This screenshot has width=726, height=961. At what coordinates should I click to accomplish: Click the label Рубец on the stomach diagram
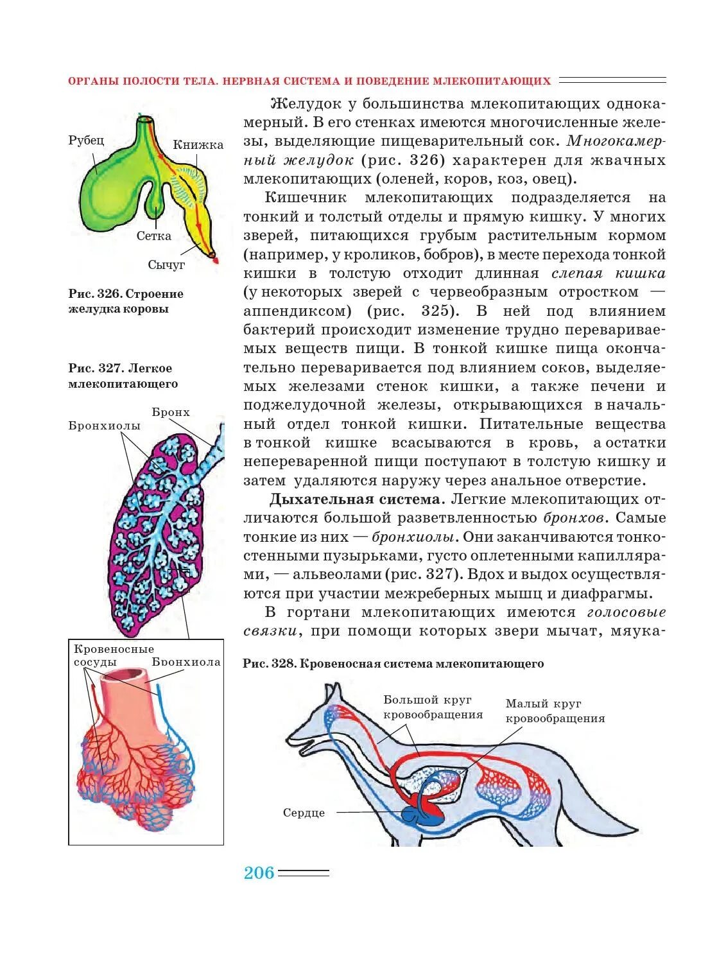[x=86, y=141]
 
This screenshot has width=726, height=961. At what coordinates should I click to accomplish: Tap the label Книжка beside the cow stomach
[x=198, y=145]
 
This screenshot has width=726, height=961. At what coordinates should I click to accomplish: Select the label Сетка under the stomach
[x=153, y=236]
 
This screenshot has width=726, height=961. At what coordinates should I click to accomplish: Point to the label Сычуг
[x=166, y=264]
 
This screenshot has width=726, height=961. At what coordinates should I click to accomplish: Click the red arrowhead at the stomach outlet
[x=215, y=260]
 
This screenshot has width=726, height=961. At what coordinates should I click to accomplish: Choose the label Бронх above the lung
[x=171, y=412]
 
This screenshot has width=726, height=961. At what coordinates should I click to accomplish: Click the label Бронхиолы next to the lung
[x=104, y=426]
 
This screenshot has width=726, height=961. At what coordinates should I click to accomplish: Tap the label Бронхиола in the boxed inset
[x=186, y=662]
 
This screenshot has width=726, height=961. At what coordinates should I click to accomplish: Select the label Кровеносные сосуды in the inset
[x=113, y=655]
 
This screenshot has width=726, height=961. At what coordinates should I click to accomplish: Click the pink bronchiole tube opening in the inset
[x=136, y=673]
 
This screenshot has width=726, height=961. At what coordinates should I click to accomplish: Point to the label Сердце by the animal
[x=304, y=813]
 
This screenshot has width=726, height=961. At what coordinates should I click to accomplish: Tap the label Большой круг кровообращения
[x=433, y=707]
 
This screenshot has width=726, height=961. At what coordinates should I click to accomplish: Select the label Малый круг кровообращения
[x=555, y=711]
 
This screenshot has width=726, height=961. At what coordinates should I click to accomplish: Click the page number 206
[x=259, y=873]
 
